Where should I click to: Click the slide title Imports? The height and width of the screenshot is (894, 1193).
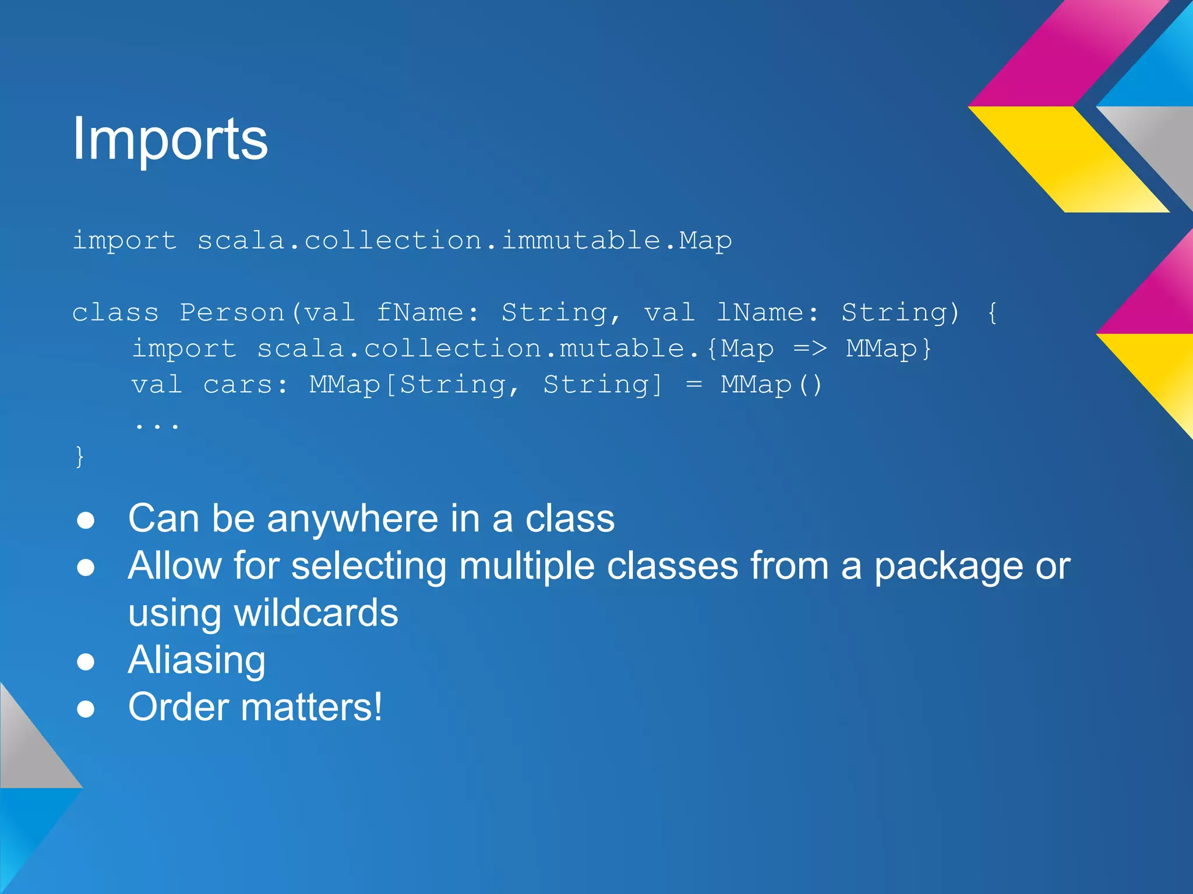click(x=170, y=139)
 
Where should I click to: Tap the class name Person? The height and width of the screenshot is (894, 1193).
click(x=232, y=313)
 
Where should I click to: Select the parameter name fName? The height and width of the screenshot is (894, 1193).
click(x=419, y=313)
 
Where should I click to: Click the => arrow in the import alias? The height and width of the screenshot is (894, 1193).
click(x=810, y=348)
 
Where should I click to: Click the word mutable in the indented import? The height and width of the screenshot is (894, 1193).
click(x=622, y=348)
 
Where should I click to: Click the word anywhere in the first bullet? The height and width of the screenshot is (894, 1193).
click(x=352, y=518)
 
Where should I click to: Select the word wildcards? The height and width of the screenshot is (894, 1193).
click(x=316, y=613)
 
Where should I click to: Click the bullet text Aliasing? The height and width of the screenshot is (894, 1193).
click(x=197, y=660)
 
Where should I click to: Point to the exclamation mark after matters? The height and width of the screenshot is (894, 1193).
click(x=377, y=707)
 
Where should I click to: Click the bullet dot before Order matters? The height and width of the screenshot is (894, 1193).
click(x=86, y=708)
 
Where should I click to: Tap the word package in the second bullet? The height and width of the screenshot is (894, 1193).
click(x=948, y=566)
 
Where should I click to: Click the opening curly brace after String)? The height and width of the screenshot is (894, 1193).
click(x=992, y=313)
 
